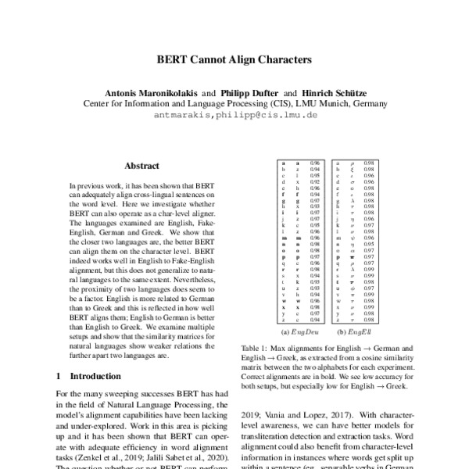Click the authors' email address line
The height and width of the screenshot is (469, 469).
[234, 114]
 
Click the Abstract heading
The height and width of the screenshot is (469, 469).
[141, 166]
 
